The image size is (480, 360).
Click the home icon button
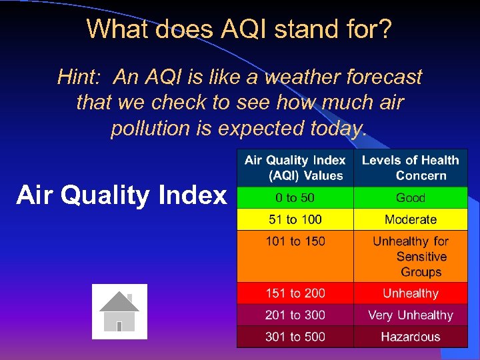tap(119, 311)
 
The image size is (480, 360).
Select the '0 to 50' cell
tap(295, 198)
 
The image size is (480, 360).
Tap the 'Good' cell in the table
tap(411, 198)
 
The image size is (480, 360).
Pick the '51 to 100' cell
tap(295, 219)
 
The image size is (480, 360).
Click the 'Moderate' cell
tap(411, 219)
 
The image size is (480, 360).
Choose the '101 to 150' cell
tap(295, 256)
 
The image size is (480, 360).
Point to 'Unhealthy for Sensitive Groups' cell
tap(411, 257)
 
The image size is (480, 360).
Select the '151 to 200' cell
tap(295, 293)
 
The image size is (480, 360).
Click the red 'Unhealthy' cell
tap(411, 293)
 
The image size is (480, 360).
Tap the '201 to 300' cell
tap(295, 315)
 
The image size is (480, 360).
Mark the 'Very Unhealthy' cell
tap(411, 315)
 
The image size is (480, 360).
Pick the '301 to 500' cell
tap(295, 337)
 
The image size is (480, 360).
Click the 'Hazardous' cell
tap(411, 337)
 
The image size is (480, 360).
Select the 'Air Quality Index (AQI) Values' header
tap(295, 168)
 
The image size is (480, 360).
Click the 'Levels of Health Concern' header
tap(411, 168)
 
